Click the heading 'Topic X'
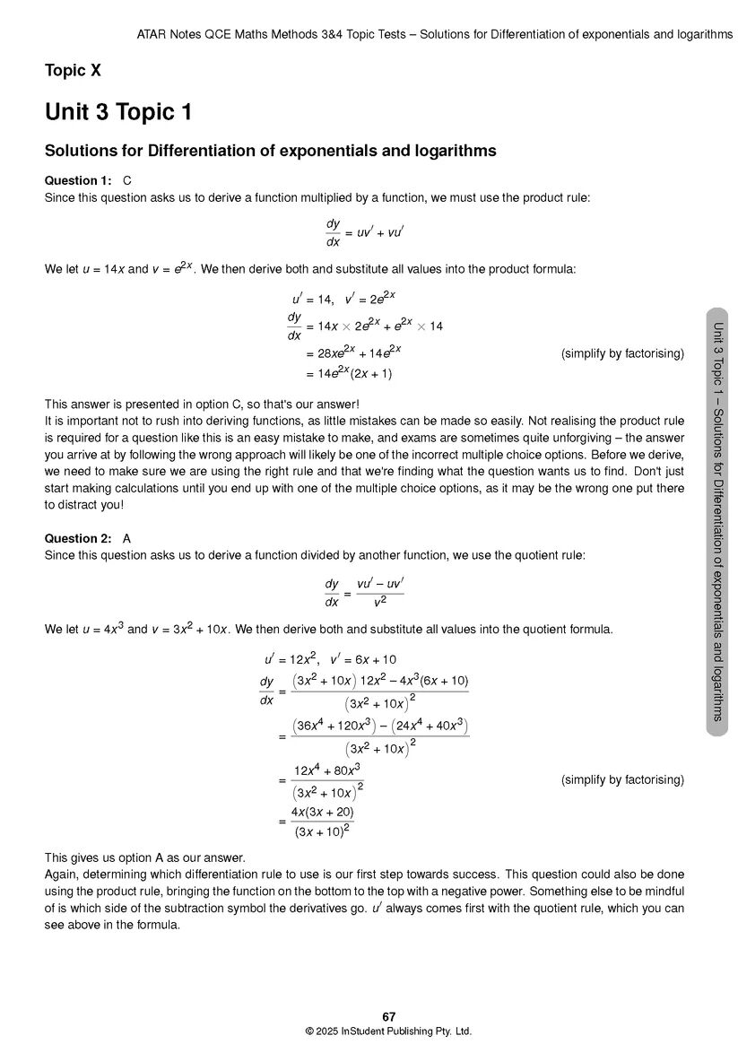coord(79,71)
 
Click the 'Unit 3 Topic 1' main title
coord(118,113)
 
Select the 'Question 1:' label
coord(78,181)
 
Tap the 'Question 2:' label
coord(78,539)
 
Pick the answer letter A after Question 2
coord(127,539)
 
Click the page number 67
coord(388,1017)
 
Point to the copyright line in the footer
coord(388,1031)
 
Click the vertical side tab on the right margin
coord(716,521)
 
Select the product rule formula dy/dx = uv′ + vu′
coord(364,232)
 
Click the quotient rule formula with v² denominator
coord(364,592)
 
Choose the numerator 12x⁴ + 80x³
coord(326,770)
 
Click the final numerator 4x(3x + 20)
coord(322,813)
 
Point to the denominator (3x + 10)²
coord(322,831)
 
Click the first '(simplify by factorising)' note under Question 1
coord(622,353)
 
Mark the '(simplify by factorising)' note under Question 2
coord(622,780)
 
